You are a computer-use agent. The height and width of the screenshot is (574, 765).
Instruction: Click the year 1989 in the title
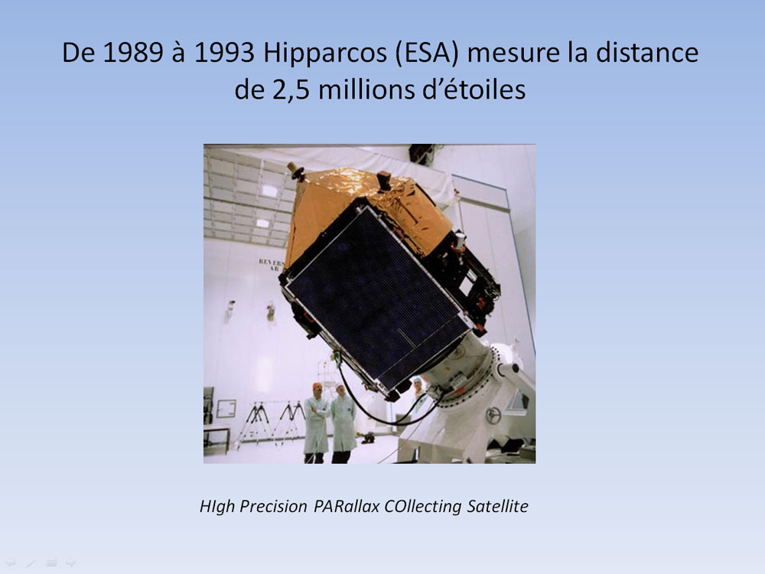pyautogui.click(x=133, y=53)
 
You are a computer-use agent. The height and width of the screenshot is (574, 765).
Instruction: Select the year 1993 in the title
pyautogui.click(x=224, y=53)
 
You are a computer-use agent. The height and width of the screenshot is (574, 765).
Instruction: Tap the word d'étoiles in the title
pyautogui.click(x=474, y=90)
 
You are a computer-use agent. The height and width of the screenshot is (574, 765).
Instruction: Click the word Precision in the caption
pyautogui.click(x=273, y=507)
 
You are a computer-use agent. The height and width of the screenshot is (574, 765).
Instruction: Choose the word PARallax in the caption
pyautogui.click(x=347, y=507)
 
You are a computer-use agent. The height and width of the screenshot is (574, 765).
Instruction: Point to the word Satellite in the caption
pyautogui.click(x=498, y=507)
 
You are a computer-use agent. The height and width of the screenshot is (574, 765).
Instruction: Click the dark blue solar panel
pyautogui.click(x=376, y=298)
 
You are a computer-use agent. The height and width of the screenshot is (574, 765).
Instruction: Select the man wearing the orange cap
pyautogui.click(x=317, y=422)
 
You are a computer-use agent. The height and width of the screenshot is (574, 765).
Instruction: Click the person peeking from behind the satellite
pyautogui.click(x=418, y=388)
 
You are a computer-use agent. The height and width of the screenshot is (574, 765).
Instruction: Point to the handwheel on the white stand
pyautogui.click(x=493, y=416)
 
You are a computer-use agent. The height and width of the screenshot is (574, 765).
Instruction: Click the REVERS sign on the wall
pyautogui.click(x=272, y=265)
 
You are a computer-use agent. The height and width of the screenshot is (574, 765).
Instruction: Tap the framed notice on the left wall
pyautogui.click(x=226, y=409)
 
